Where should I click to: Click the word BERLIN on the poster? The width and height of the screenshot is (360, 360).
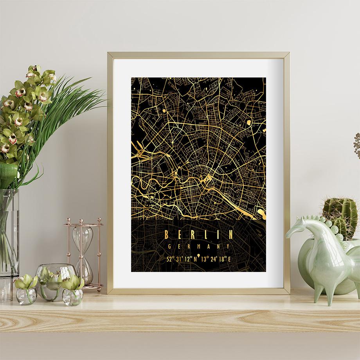(199, 234)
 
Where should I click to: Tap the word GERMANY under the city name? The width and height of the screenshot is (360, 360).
(199, 247)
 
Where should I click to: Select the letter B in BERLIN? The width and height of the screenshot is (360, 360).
(167, 234)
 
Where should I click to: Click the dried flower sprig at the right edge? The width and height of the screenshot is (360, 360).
(356, 145)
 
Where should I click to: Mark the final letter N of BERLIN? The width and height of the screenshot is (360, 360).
(230, 234)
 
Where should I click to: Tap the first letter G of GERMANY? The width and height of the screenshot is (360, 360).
(169, 247)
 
